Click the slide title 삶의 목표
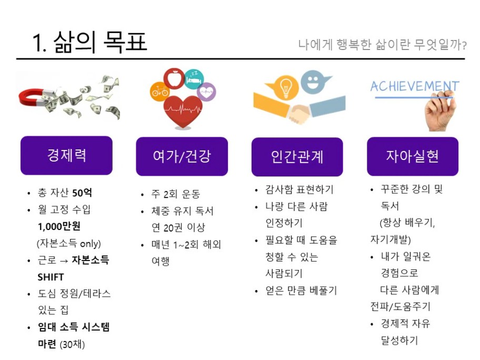coord(101,42)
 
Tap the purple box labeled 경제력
coord(66,155)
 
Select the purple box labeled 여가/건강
coord(182,156)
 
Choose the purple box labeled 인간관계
coord(297,157)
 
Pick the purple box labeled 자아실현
coord(413,156)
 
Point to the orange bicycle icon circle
coord(159,91)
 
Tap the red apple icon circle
coord(174,78)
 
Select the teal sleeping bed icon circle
coord(194,79)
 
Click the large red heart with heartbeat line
coord(183,111)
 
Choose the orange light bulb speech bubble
coord(283,88)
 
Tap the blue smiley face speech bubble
coord(315,82)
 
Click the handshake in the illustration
coord(299,113)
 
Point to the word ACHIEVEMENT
coord(415,86)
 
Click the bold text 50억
coord(82,193)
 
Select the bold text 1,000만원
coord(59,226)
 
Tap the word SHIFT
coord(51,277)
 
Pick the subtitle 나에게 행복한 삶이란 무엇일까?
coord(383,45)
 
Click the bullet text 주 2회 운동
coord(176,194)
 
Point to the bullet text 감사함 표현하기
coord(299,189)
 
